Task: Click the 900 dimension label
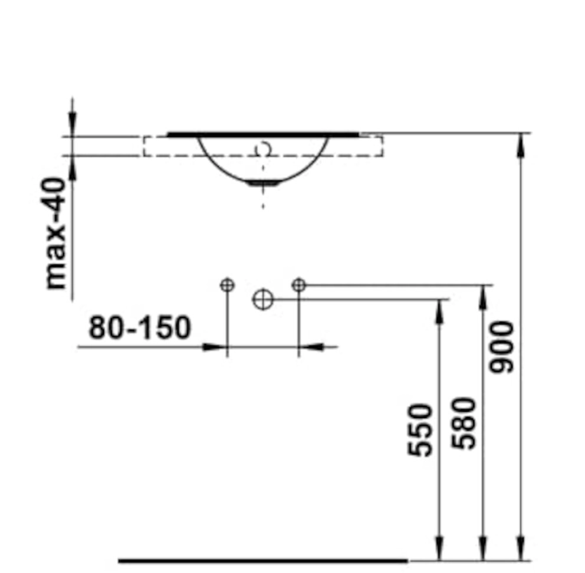(501, 347)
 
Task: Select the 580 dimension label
(464, 423)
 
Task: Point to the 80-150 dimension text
(140, 327)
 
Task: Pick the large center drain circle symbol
(263, 299)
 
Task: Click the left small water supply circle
(227, 286)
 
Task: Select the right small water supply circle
(298, 285)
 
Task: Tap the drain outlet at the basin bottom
(264, 183)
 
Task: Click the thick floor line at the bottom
(263, 560)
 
